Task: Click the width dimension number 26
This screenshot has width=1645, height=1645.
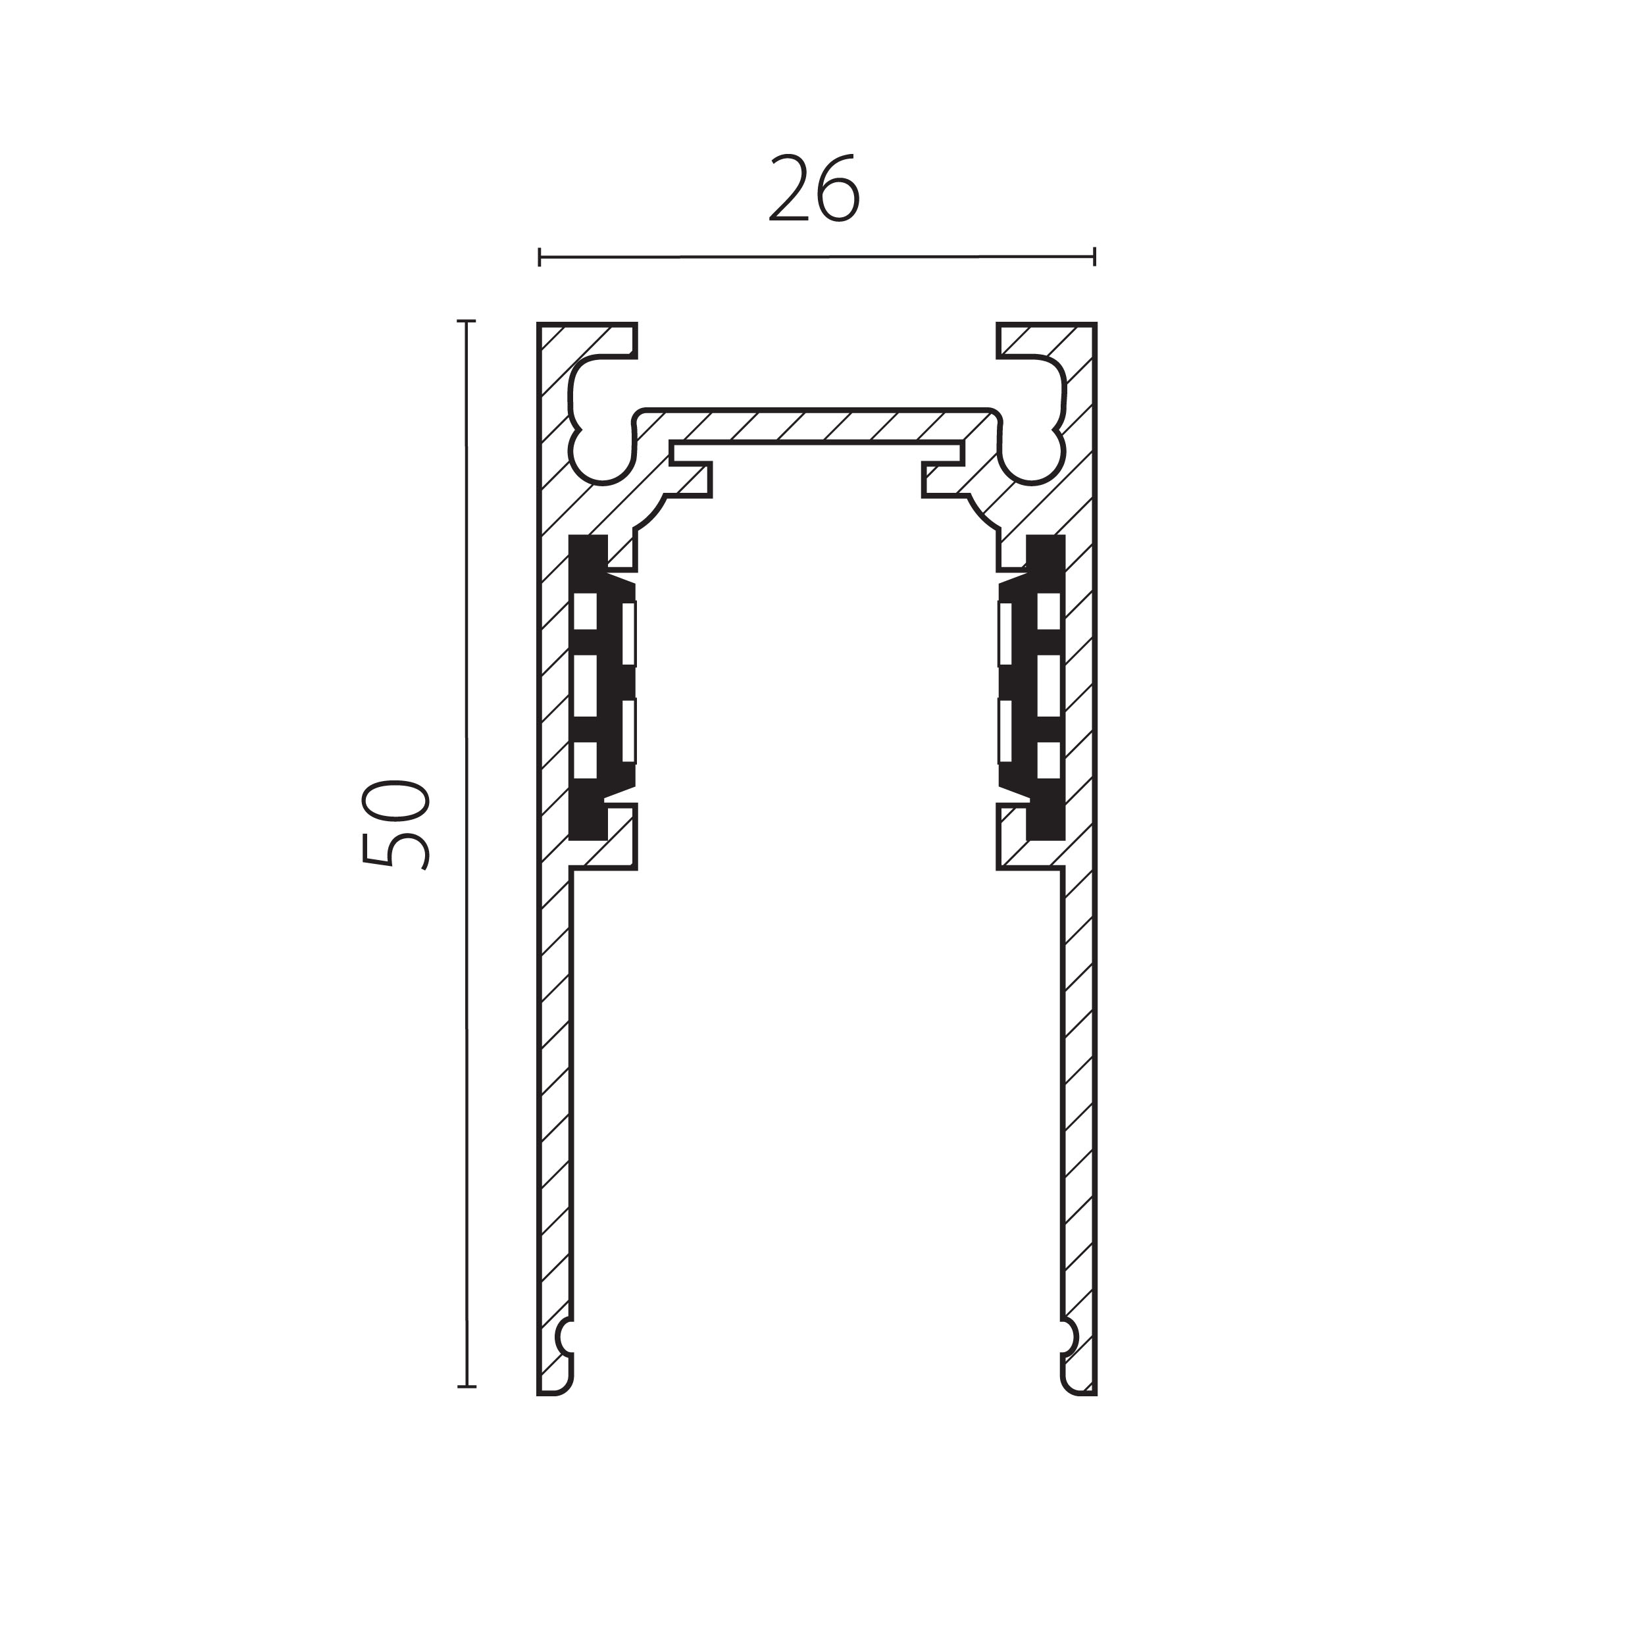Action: click(815, 189)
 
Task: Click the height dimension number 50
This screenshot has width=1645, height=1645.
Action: click(395, 824)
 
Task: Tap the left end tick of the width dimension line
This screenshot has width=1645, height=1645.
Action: click(540, 256)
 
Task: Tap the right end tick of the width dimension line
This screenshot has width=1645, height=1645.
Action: click(1094, 256)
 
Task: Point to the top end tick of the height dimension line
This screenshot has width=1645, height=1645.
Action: click(466, 322)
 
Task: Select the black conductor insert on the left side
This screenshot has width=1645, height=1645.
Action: click(601, 687)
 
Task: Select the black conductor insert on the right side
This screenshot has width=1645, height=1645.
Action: click(1032, 687)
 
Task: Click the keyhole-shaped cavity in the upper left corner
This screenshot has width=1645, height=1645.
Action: click(599, 419)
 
